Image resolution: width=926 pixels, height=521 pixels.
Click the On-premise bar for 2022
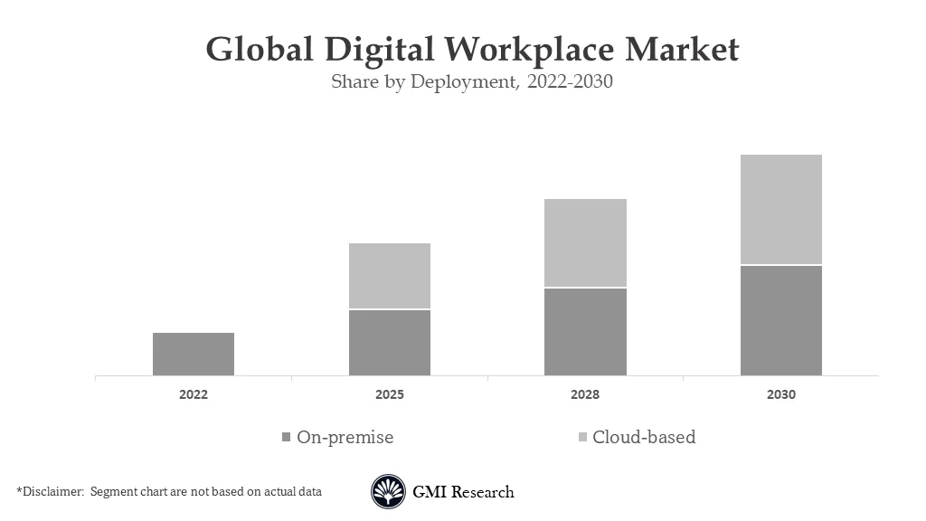(194, 354)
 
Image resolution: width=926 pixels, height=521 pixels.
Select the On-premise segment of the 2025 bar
(390, 343)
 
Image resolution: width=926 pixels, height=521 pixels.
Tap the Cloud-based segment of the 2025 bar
(390, 276)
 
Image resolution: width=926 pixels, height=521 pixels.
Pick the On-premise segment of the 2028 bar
(585, 332)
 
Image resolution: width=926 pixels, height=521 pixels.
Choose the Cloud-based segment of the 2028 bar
(585, 242)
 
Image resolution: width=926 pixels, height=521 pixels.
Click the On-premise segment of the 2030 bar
(781, 320)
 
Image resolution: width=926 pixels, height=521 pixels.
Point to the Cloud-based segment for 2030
(781, 209)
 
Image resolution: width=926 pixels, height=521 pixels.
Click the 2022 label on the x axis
(194, 395)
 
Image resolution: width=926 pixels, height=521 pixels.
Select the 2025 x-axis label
(390, 395)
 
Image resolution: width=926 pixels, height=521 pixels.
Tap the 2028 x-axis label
(585, 395)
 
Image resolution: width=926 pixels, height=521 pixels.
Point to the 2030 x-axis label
(781, 395)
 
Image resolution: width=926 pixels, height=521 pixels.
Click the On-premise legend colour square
(287, 438)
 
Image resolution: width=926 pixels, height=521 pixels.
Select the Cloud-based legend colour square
(582, 438)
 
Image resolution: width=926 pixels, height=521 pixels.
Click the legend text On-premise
(345, 438)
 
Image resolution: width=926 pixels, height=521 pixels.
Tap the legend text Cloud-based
(644, 438)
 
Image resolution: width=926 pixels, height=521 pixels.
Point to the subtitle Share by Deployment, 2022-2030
(471, 82)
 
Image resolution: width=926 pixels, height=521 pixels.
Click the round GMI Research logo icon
(388, 492)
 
